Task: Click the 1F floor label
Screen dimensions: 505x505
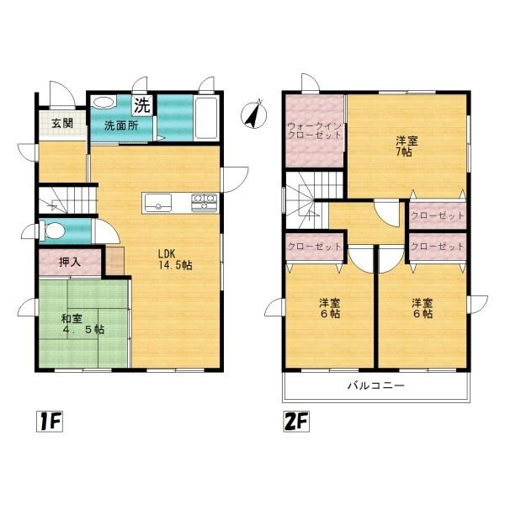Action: click(50, 422)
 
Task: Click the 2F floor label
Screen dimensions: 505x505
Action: click(296, 422)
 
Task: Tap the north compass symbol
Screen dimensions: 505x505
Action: click(254, 114)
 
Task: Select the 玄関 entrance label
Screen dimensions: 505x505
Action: click(62, 123)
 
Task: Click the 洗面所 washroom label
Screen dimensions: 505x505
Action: click(121, 125)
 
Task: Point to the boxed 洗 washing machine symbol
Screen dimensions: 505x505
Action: click(142, 105)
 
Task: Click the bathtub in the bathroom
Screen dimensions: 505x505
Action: click(207, 117)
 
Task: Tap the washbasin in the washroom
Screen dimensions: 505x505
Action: click(104, 103)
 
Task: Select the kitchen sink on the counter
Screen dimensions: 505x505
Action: click(158, 203)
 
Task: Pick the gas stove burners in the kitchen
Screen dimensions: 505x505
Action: click(205, 203)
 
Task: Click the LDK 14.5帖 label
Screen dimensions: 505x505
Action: click(174, 259)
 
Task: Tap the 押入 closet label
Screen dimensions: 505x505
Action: click(70, 262)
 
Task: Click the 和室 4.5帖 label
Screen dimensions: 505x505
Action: click(82, 324)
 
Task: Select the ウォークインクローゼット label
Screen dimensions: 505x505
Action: click(314, 130)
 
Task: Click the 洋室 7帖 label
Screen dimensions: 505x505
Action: click(407, 146)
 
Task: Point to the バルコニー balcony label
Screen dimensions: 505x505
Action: click(376, 385)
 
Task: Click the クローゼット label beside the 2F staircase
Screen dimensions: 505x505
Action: click(314, 247)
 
